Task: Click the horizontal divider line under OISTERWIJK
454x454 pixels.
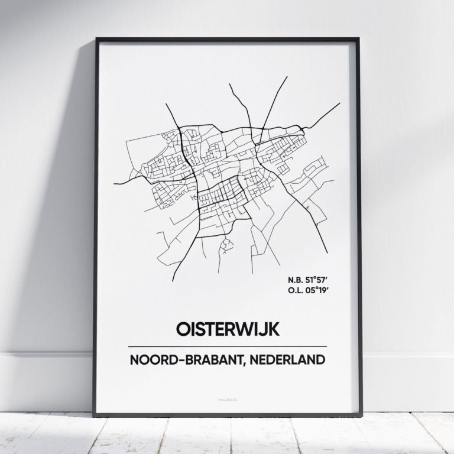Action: coord(227,346)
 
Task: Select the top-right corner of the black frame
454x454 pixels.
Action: coord(359,40)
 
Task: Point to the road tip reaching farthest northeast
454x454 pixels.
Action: coord(340,103)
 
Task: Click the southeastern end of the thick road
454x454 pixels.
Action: coord(327,252)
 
